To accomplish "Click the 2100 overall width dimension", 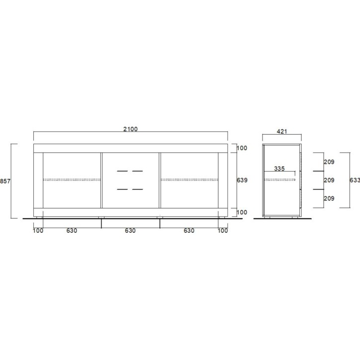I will pyautogui.click(x=130, y=129).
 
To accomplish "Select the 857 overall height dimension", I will pyautogui.click(x=4, y=181).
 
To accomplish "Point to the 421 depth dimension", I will pyautogui.click(x=281, y=132).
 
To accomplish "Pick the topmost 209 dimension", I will pyautogui.click(x=329, y=162).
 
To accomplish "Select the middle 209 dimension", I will pyautogui.click(x=329, y=180).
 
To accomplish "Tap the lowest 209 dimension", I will pyautogui.click(x=329, y=198).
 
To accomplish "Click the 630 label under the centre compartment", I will pyautogui.click(x=130, y=231).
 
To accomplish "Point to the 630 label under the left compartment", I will pyautogui.click(x=72, y=231).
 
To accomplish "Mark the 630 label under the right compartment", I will pyautogui.click(x=189, y=231).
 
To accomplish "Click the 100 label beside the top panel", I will pyautogui.click(x=242, y=148).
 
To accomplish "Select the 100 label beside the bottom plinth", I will pyautogui.click(x=242, y=212).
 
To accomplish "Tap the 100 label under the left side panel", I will pyautogui.click(x=38, y=231).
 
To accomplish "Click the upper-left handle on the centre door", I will pyautogui.click(x=122, y=172).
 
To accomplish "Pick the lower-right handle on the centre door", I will pyautogui.click(x=138, y=189).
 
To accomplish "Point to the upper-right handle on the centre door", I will pyautogui.click(x=138, y=172).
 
